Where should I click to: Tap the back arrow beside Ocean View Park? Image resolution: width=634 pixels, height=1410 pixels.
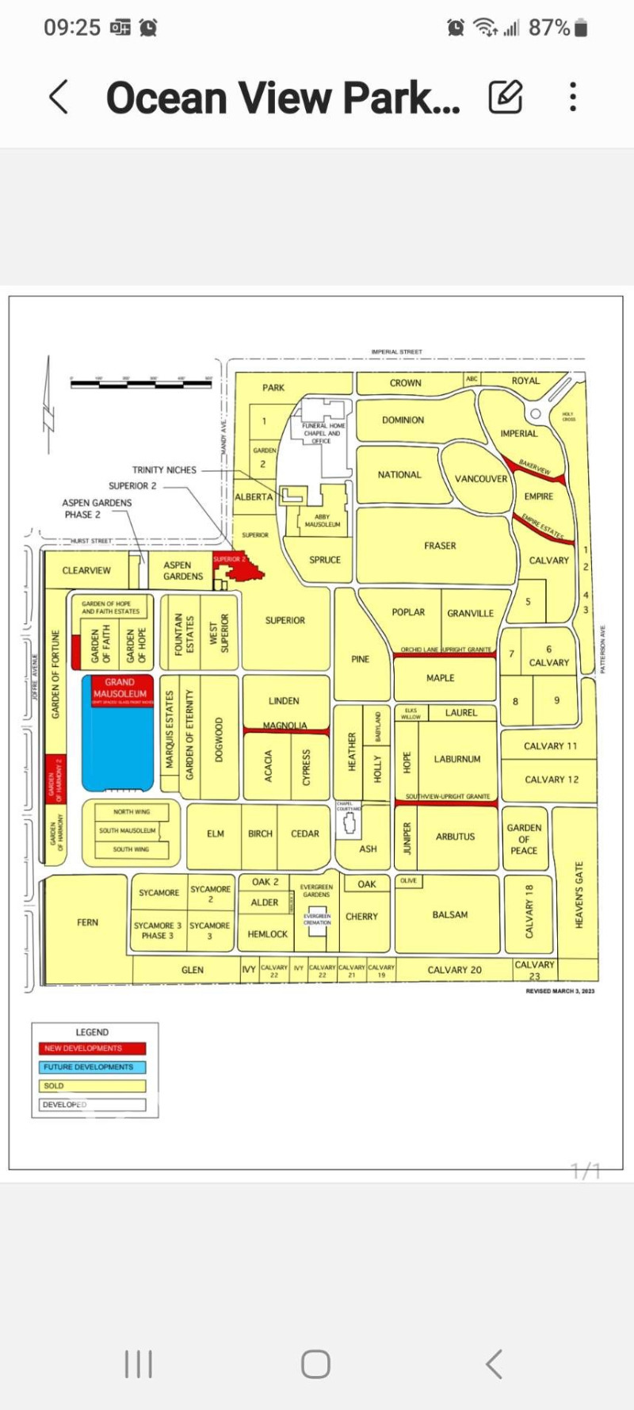click(x=58, y=98)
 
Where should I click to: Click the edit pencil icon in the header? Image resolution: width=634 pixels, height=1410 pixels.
click(x=506, y=98)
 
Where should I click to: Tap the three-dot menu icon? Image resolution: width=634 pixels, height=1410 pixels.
click(x=573, y=98)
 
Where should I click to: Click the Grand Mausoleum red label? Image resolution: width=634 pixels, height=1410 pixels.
click(x=119, y=688)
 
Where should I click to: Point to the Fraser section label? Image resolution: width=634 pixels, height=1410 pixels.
click(x=440, y=546)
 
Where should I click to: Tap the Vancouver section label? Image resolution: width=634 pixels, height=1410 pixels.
click(x=480, y=479)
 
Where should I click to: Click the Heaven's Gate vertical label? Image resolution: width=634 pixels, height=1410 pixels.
click(x=579, y=895)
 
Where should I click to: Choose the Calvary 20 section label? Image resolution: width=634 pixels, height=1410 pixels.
click(x=454, y=970)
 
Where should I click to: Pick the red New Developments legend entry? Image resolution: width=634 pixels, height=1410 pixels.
click(x=93, y=1048)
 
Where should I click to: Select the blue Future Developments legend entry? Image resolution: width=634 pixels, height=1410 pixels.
click(x=93, y=1067)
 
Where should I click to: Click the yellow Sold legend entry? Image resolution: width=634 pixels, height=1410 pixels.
click(x=93, y=1086)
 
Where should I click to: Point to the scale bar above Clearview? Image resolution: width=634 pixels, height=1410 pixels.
click(x=141, y=384)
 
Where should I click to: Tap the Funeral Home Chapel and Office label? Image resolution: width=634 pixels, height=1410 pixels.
click(x=322, y=433)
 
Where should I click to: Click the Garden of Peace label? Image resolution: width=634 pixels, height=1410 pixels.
click(x=524, y=839)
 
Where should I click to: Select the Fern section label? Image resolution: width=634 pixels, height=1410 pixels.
click(x=87, y=922)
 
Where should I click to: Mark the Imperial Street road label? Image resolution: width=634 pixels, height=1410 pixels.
click(x=396, y=351)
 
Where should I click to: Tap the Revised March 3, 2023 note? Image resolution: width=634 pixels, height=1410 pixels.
click(x=560, y=991)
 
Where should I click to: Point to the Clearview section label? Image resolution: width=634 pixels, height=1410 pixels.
click(x=86, y=570)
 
